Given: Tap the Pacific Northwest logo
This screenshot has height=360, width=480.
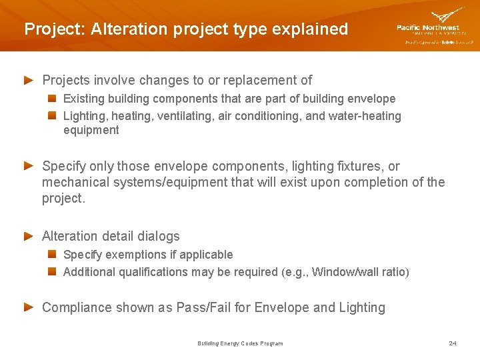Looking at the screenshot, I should click(434, 25).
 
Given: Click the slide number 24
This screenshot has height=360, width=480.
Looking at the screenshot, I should click(453, 343).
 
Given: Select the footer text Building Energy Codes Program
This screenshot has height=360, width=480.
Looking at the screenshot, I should click(240, 343).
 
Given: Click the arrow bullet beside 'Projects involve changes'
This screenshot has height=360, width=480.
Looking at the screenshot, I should click(29, 80).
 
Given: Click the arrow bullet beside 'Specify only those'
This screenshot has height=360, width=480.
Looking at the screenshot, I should click(29, 166).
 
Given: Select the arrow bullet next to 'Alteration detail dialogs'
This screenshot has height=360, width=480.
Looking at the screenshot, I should click(29, 236).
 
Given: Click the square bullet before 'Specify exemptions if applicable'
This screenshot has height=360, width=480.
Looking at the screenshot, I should click(51, 255).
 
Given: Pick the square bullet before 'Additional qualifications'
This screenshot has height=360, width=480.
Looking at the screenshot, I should click(51, 272).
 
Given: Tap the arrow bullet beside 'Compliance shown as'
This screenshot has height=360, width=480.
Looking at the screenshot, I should click(29, 307).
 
